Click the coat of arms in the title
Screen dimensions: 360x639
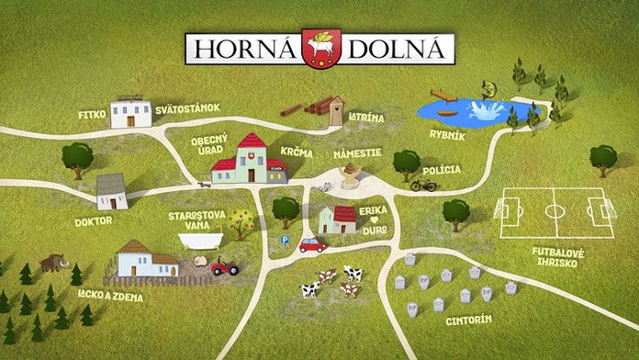point(320,49)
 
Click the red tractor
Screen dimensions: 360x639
point(224,266)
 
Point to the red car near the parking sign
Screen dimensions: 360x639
point(312,244)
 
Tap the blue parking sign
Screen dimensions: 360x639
point(285,241)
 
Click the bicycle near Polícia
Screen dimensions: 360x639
point(423,185)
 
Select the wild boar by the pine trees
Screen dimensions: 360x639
point(53,263)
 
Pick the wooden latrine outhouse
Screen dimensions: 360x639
point(336,110)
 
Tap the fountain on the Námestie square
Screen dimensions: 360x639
point(349,175)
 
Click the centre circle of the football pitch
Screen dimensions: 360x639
point(555,210)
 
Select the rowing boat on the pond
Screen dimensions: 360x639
point(447,109)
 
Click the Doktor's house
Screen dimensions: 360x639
point(112,191)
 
